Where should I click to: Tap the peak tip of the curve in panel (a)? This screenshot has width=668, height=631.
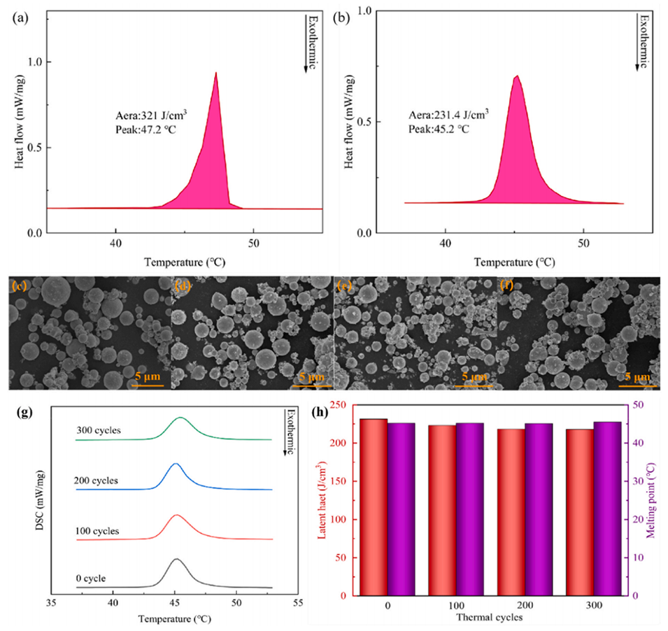tap(216, 72)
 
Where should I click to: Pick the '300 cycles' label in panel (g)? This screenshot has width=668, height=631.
tap(99, 430)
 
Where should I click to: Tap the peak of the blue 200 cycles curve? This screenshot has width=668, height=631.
tap(176, 464)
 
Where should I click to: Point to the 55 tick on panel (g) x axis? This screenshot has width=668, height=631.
tap(299, 603)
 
